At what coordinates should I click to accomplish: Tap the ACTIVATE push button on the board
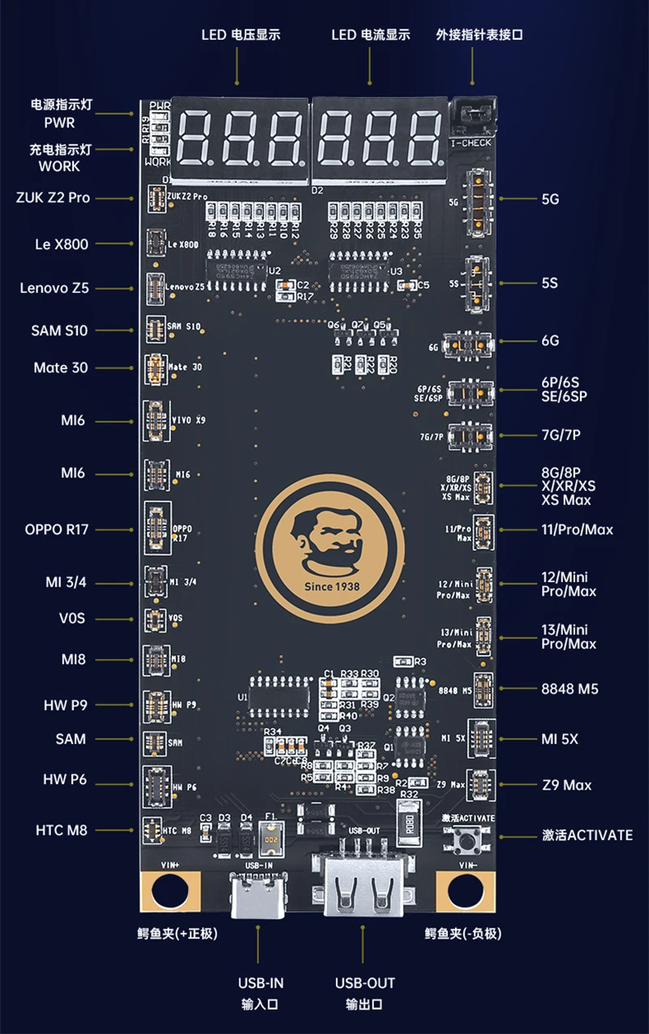click(x=467, y=841)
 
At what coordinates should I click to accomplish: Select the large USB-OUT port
click(x=363, y=885)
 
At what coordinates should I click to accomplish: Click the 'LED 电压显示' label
click(x=241, y=35)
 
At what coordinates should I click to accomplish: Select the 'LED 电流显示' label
click(x=371, y=35)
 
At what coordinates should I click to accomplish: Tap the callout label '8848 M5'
click(x=569, y=689)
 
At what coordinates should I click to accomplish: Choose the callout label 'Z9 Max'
click(x=566, y=785)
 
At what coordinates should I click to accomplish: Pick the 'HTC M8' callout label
click(x=62, y=830)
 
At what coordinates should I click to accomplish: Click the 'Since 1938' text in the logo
click(x=330, y=585)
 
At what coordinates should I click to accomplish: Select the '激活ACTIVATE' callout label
click(x=587, y=835)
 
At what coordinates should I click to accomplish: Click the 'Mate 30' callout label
click(x=61, y=368)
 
